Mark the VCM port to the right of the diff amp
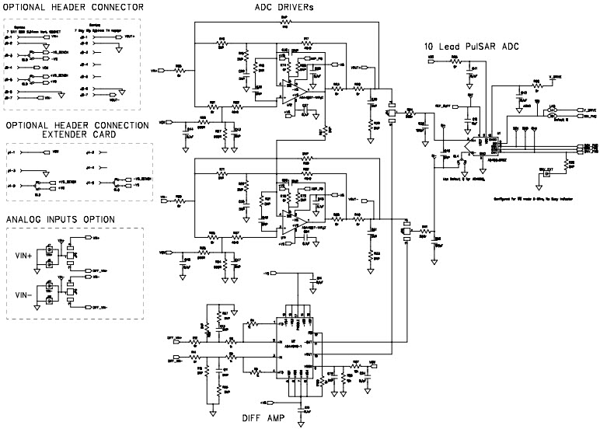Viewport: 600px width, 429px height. pyautogui.click(x=373, y=362)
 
